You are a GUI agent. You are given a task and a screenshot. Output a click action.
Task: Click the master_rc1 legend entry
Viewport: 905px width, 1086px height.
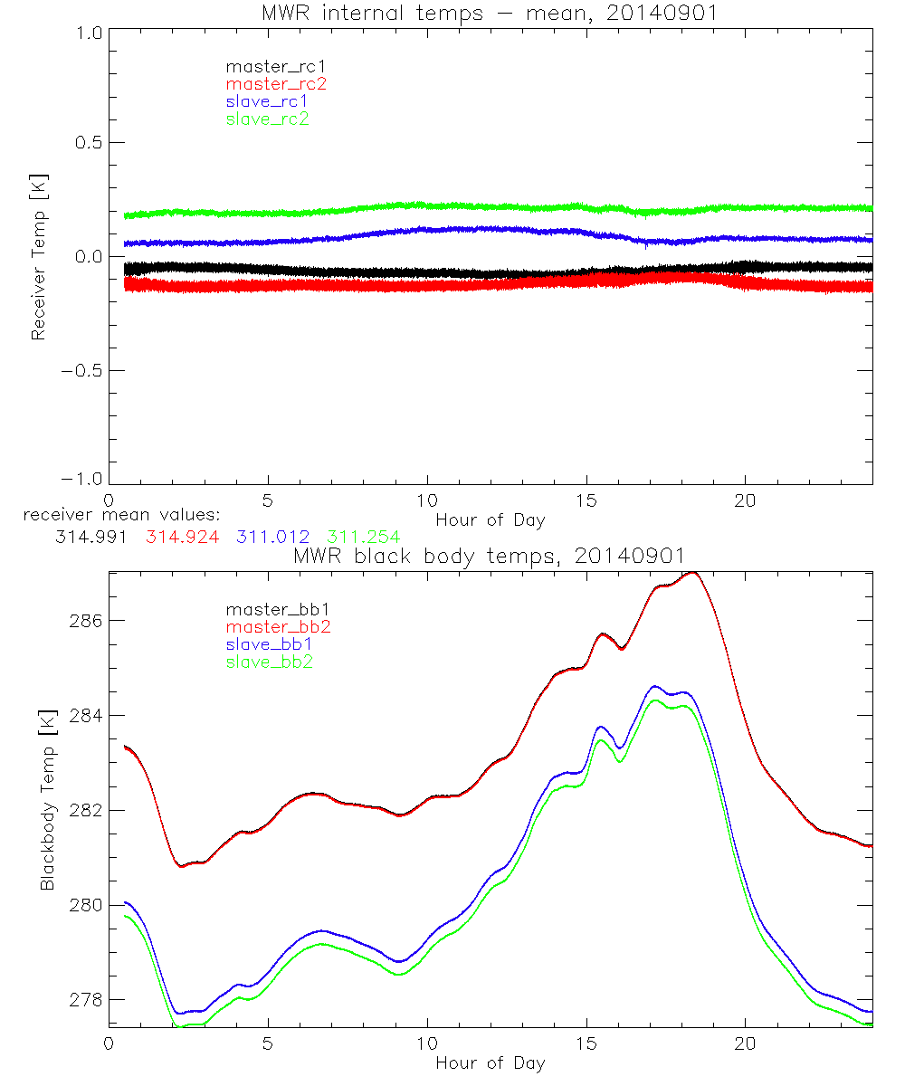point(265,67)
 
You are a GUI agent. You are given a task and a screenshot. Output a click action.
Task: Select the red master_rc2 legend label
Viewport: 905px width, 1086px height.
point(276,84)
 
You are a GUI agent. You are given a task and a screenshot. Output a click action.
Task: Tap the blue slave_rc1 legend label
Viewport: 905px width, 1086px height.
point(267,101)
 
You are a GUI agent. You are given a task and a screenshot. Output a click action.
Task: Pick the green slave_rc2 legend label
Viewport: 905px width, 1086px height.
point(267,119)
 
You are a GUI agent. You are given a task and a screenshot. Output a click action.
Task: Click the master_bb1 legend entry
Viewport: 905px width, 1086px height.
point(271,610)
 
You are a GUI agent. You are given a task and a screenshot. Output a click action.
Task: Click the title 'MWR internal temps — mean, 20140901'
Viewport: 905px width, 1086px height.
point(490,13)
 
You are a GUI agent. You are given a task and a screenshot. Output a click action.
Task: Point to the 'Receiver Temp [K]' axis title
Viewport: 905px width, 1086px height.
point(38,256)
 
